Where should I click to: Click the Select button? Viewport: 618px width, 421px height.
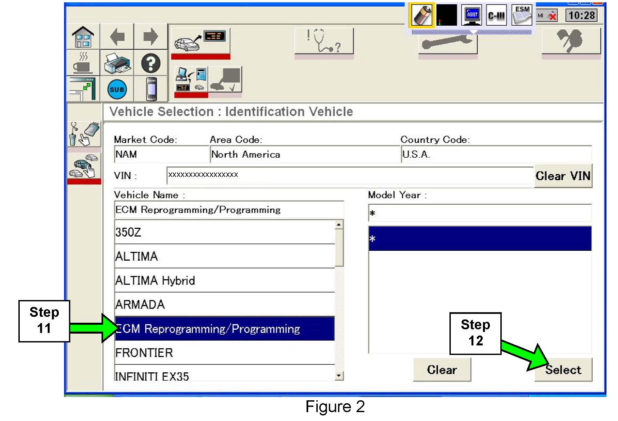[x=563, y=370]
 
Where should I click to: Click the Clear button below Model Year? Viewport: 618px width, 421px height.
[x=442, y=370]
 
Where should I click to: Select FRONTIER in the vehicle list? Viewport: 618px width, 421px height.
[x=224, y=353]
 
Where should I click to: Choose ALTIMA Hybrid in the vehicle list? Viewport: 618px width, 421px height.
[x=224, y=280]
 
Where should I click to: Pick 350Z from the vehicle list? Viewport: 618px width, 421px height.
[x=224, y=232]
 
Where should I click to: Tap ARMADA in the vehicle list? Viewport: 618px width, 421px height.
[x=224, y=304]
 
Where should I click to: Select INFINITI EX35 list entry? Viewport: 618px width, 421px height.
[x=224, y=376]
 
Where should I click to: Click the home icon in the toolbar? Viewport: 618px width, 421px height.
[x=83, y=37]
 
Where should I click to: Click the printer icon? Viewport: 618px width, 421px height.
[x=117, y=63]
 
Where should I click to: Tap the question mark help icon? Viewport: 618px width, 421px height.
[x=151, y=63]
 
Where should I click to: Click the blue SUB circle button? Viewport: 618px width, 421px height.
[x=117, y=89]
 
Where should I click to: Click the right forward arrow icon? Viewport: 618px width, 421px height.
[x=151, y=36]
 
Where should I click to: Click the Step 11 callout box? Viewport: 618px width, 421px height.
[x=44, y=321]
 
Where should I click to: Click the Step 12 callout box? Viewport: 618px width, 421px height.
[x=475, y=333]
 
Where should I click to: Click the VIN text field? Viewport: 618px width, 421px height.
[x=350, y=175]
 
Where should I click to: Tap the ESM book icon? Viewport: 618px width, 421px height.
[x=521, y=15]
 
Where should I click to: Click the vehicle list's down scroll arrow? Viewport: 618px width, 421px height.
[x=339, y=375]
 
